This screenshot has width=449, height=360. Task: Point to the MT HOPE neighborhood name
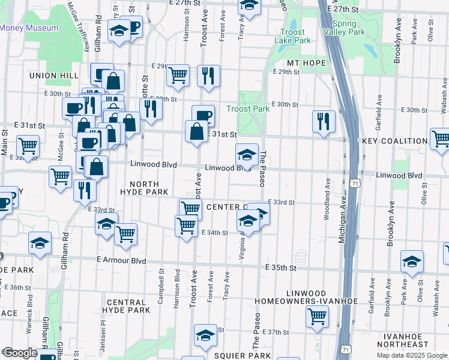pyautogui.click(x=306, y=63)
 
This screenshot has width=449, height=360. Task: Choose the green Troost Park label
pyautogui.click(x=248, y=109)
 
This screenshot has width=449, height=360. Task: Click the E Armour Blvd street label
pyautogui.click(x=121, y=261)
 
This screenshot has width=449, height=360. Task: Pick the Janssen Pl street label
pyautogui.click(x=103, y=326)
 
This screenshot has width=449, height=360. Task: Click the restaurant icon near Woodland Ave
pyautogui.click(x=324, y=121)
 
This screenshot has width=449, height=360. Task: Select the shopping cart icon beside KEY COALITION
pyautogui.click(x=441, y=139)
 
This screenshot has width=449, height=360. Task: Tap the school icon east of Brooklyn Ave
pyautogui.click(x=412, y=261)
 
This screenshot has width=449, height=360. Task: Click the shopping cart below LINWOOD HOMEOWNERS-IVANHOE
pyautogui.click(x=316, y=315)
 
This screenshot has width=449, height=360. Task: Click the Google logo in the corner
pyautogui.click(x=19, y=353)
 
